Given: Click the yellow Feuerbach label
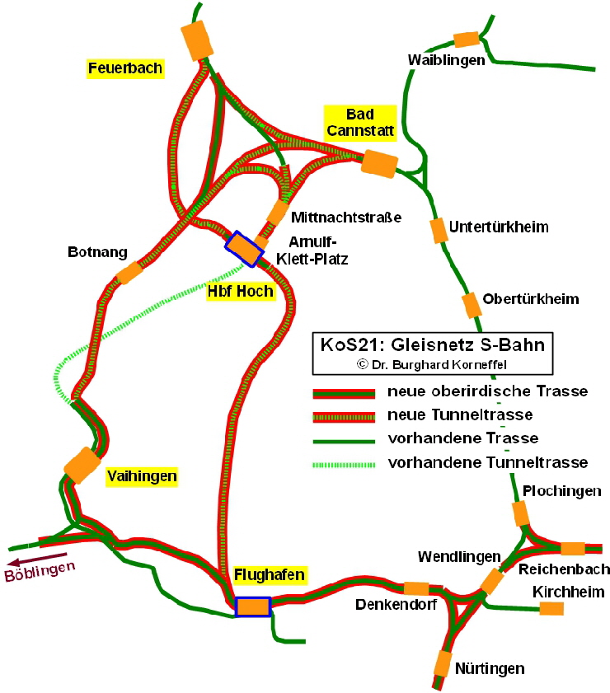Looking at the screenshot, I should point(125,68).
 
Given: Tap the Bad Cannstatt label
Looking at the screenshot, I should point(360,121).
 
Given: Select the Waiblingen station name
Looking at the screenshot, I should point(446,60).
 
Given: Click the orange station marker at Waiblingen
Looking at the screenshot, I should point(466,39).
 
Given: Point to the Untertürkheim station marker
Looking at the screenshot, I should point(438,231).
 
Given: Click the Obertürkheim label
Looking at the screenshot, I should point(531,298).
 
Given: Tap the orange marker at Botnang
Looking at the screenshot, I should point(129,273).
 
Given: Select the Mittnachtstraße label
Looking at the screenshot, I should point(345,218).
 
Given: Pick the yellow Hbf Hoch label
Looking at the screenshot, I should point(240,292).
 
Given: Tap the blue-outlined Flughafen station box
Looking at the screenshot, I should point(253,606).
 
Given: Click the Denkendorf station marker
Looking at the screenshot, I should point(415,588).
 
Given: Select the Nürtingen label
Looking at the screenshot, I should point(489,668).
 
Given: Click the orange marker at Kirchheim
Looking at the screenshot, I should point(551,608).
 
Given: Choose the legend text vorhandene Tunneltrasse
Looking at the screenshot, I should point(487,461).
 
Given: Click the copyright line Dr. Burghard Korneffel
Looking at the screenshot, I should point(436,363).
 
